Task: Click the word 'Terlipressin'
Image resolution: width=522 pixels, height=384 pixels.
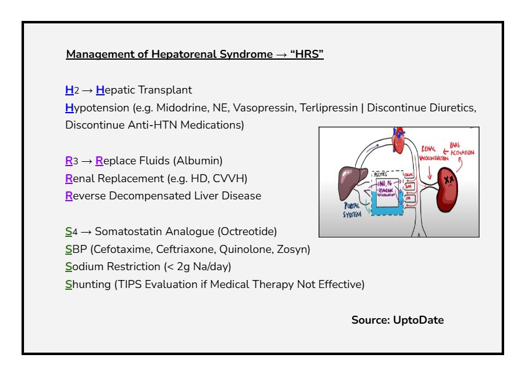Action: click(x=328, y=108)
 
